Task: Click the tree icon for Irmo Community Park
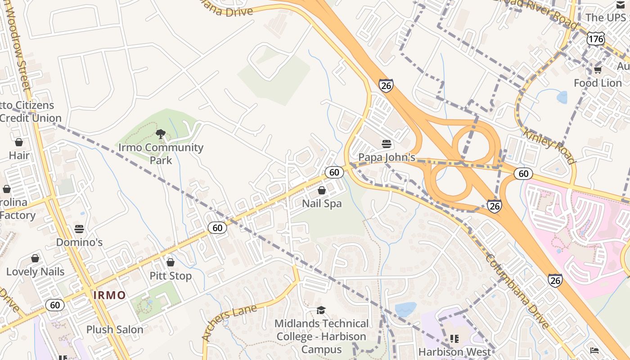160,134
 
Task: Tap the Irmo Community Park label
161,153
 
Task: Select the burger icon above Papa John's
386,144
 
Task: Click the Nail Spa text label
322,203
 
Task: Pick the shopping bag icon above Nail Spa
322,190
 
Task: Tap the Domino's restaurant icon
79,229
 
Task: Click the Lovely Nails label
35,272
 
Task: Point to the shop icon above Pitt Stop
170,262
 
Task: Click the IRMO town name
109,296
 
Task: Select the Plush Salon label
115,329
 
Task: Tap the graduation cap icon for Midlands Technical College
321,310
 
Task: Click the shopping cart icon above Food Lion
598,70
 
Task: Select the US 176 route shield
595,39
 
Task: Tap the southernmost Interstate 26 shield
555,280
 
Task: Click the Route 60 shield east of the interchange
523,174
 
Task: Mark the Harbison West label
454,351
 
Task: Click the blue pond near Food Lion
562,97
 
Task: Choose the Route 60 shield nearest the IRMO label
55,305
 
